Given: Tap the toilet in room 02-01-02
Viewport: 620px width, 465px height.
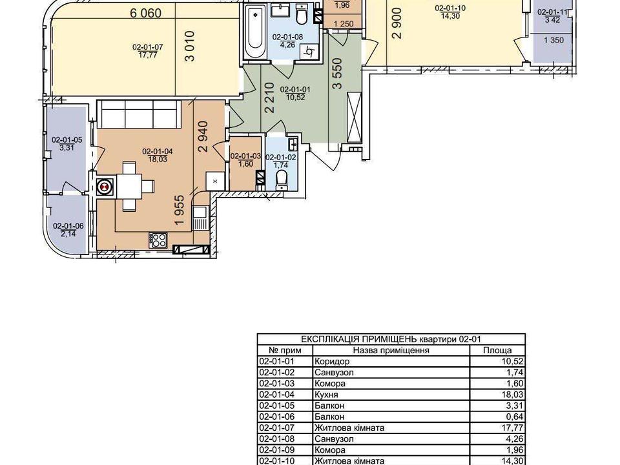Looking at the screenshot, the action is click(x=282, y=180).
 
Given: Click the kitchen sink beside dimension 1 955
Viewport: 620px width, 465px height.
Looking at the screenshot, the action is click(x=200, y=218).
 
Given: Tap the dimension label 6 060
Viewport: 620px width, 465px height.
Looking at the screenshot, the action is click(x=146, y=13).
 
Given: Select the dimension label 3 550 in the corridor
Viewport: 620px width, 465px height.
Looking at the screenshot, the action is click(x=336, y=73).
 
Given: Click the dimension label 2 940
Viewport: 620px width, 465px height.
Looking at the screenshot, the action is click(x=203, y=136).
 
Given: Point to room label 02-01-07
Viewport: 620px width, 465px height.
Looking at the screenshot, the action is click(x=147, y=47).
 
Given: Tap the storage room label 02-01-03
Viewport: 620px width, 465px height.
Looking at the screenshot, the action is click(x=245, y=156).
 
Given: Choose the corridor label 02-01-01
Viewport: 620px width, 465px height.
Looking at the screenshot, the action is click(x=295, y=90).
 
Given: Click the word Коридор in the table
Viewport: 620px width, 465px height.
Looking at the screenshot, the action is click(x=332, y=362).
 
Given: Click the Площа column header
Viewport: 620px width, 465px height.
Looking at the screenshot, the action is click(x=497, y=350).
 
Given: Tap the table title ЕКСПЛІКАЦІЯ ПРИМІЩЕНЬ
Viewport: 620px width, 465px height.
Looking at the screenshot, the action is click(x=358, y=339).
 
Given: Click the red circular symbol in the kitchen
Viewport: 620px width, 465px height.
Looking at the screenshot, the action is click(x=105, y=186).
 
